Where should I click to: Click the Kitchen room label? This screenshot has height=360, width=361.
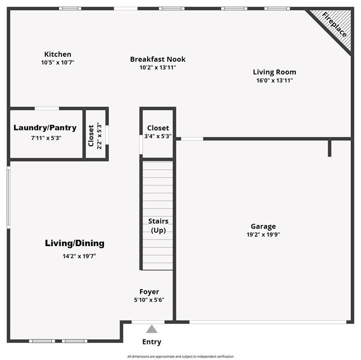(58, 54)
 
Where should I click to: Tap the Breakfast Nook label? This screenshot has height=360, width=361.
(158, 59)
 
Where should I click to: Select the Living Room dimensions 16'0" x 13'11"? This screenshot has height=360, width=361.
(274, 80)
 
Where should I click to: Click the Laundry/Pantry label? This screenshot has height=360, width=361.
(45, 128)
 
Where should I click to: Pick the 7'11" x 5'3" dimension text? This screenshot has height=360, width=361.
(46, 138)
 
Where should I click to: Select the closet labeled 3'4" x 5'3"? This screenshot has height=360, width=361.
(158, 132)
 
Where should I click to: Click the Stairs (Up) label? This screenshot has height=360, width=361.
(158, 225)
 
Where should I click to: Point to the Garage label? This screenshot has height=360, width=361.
(263, 226)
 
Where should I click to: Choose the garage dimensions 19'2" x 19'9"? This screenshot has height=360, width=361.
(263, 235)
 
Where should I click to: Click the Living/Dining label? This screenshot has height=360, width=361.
(75, 243)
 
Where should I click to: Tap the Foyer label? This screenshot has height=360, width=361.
(149, 292)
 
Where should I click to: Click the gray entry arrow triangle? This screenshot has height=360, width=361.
(151, 329)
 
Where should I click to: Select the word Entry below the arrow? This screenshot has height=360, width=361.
(151, 342)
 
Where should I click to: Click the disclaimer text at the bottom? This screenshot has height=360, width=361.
(180, 357)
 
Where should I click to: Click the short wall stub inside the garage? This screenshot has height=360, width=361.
(330, 148)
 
